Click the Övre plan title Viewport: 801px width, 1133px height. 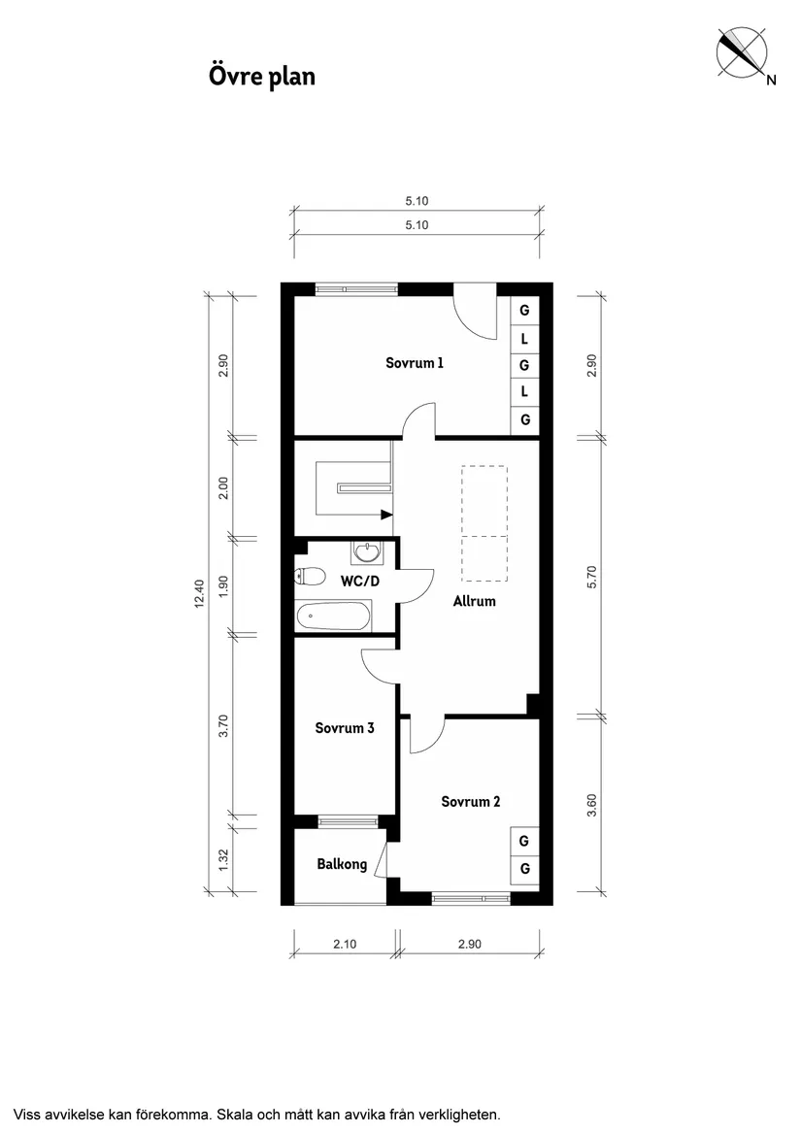click(x=261, y=76)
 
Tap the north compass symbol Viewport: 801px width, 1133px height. click(x=742, y=52)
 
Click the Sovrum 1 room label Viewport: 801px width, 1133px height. click(x=415, y=364)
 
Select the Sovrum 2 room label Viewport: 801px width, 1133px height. click(x=470, y=802)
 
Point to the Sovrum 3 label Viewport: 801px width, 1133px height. click(x=345, y=728)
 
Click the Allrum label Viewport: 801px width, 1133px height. click(x=474, y=601)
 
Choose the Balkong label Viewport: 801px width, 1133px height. click(x=342, y=864)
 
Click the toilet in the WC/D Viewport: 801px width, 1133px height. click(x=310, y=577)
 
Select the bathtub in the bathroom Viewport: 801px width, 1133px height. click(x=333, y=614)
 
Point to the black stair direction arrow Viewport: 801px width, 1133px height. click(x=386, y=515)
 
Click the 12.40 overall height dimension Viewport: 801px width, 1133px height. click(x=200, y=592)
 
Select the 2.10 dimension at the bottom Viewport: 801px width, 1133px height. click(x=344, y=943)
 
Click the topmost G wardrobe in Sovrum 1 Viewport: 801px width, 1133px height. click(x=524, y=312)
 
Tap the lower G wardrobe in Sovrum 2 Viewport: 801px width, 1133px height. click(x=524, y=869)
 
